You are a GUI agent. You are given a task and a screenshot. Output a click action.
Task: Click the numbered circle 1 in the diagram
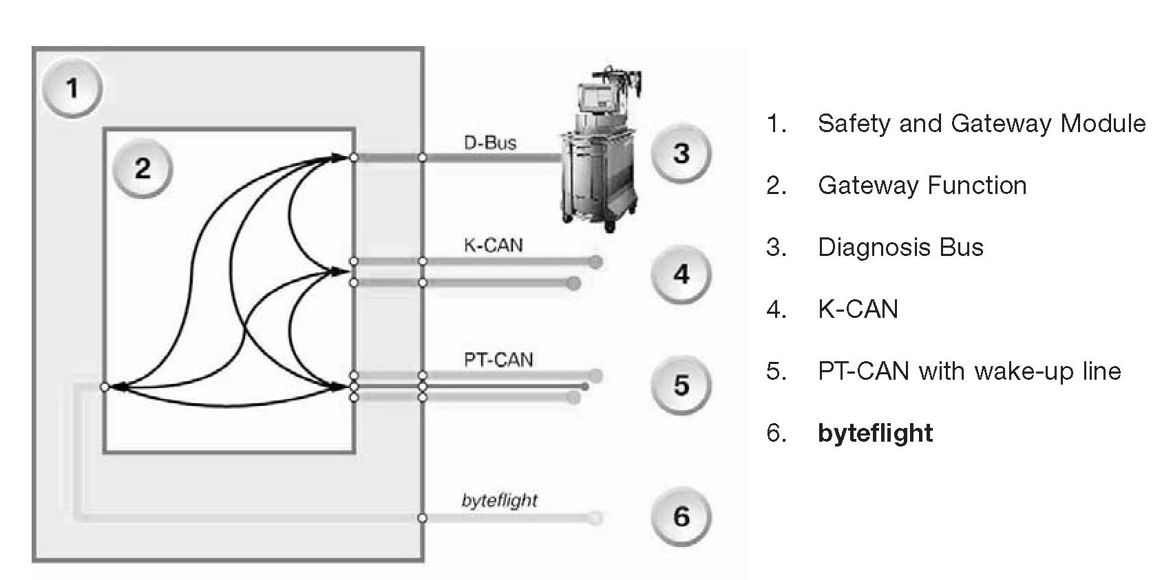72,89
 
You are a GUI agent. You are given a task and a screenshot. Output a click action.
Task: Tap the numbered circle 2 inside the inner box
142,169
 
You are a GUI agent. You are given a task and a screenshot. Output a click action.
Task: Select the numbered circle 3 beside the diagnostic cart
681,153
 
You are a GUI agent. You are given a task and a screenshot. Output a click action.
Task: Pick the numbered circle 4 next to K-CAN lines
681,275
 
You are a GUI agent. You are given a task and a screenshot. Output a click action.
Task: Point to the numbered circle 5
681,385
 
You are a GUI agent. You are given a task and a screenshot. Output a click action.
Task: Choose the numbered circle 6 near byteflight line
681,516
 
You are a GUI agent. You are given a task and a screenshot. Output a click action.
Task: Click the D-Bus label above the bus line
490,143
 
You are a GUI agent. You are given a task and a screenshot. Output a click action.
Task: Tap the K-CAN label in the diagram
493,245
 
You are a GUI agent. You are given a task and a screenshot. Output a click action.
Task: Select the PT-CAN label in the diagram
498,359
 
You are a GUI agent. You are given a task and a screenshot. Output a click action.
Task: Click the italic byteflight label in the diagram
499,500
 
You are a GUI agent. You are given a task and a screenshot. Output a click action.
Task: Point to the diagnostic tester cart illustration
599,158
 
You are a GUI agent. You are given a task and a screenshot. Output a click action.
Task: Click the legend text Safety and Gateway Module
982,124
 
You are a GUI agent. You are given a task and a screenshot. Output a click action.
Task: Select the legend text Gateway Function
922,186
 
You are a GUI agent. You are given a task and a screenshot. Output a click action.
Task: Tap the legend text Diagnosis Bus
900,248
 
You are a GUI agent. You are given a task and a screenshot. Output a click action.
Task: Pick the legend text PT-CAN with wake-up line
969,372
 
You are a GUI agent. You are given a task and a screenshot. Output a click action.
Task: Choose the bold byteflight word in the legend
875,433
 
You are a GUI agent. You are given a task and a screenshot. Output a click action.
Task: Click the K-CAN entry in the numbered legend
858,310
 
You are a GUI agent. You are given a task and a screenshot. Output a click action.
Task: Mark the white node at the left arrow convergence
105,387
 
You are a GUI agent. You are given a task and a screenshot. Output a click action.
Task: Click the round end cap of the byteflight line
596,517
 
